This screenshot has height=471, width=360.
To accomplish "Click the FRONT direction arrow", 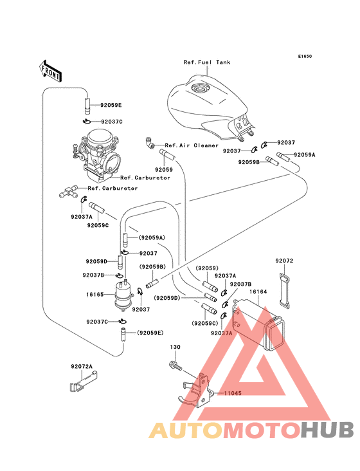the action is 50,71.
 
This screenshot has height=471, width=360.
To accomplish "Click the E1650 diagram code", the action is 305,56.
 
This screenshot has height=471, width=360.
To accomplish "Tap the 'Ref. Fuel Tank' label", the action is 207,62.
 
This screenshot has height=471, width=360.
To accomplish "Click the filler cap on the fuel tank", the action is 199,88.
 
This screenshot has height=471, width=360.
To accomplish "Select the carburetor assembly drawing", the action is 96,156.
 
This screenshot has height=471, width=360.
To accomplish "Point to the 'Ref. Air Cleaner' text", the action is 192,145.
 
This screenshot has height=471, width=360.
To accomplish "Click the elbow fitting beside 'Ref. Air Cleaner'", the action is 150,142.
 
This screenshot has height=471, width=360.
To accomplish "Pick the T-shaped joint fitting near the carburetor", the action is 68,191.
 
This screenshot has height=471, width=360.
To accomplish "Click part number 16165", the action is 94,295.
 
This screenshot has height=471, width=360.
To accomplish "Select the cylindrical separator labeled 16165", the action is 123,296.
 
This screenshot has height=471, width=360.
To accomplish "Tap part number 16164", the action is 258,291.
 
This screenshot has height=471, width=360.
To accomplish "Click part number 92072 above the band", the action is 284,261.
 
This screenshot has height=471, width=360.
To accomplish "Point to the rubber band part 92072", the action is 285,291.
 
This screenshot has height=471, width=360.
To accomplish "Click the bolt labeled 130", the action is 175,365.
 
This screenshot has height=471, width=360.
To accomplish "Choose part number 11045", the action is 233,393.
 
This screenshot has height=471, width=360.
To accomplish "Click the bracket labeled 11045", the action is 197,390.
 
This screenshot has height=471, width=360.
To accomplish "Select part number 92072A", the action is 82,367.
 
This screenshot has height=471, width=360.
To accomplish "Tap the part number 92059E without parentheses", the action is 111,105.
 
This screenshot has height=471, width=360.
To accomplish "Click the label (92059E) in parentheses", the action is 150,333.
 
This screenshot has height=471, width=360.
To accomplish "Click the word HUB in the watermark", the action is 327,430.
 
